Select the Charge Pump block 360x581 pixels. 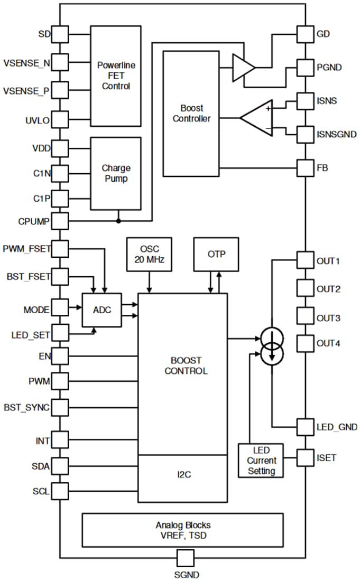tap(116, 173)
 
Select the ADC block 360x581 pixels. tap(101, 310)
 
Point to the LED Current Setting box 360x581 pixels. tap(261, 460)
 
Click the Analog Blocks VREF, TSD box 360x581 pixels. tap(182, 530)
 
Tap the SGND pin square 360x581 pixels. tap(185, 558)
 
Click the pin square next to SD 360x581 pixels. tap(61, 34)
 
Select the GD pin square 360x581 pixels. tap(306, 34)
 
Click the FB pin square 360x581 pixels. tap(306, 168)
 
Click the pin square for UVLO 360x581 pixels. tap(61, 120)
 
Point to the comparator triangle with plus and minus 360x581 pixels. tap(257, 117)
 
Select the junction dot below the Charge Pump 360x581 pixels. tap(119, 220)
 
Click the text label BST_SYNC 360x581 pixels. tap(26, 407)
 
